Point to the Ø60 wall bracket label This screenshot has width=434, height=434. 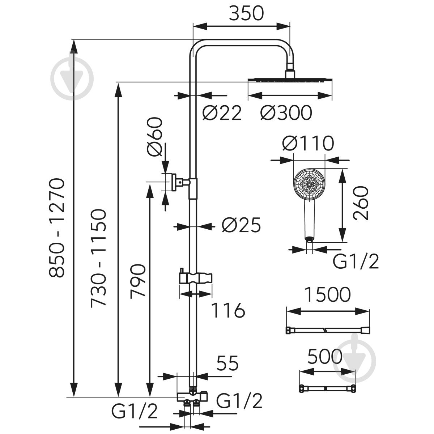click(155, 137)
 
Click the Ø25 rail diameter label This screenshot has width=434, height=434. click(241, 225)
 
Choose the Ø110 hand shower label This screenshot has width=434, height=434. click(308, 143)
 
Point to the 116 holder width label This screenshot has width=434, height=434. click(228, 310)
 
